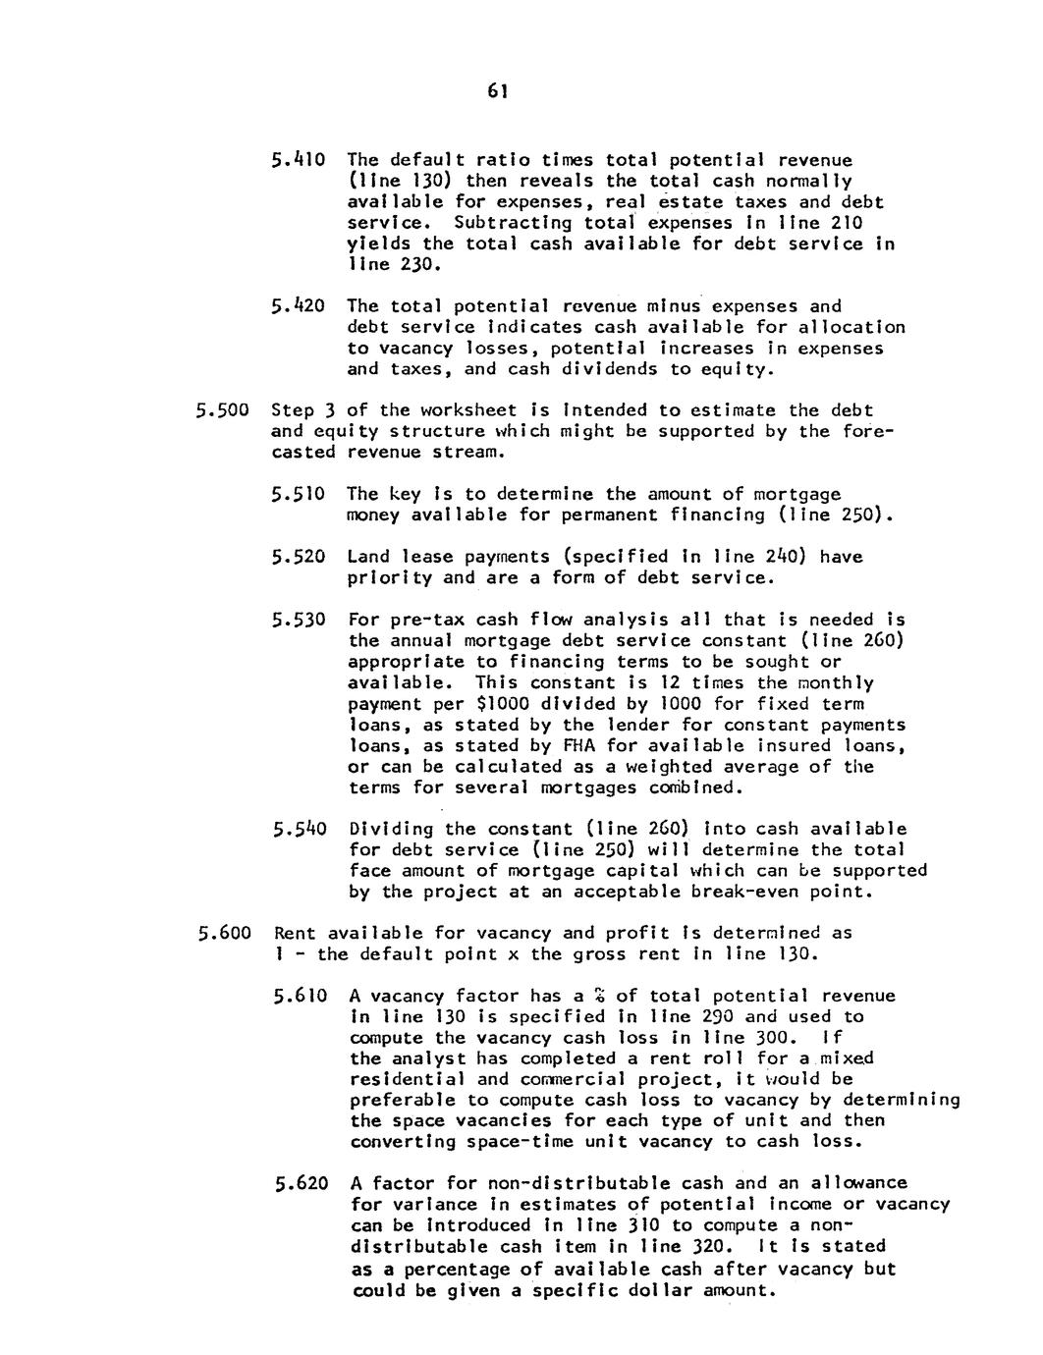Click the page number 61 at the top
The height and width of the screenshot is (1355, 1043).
point(498,91)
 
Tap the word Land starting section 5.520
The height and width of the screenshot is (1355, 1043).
point(369,557)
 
